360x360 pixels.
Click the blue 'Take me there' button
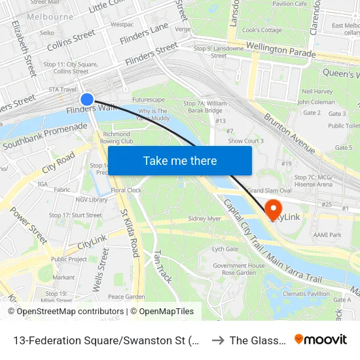179,160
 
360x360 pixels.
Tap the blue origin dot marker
87,99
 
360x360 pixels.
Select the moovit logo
320,339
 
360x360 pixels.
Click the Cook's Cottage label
262,30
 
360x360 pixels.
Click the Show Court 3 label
245,141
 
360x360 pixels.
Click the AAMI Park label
327,234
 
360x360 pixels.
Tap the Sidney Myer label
204,219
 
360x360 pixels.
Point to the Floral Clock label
126,190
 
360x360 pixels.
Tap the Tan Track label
162,266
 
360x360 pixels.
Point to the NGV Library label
91,200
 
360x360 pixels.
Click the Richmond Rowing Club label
118,137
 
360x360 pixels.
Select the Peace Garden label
126,297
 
